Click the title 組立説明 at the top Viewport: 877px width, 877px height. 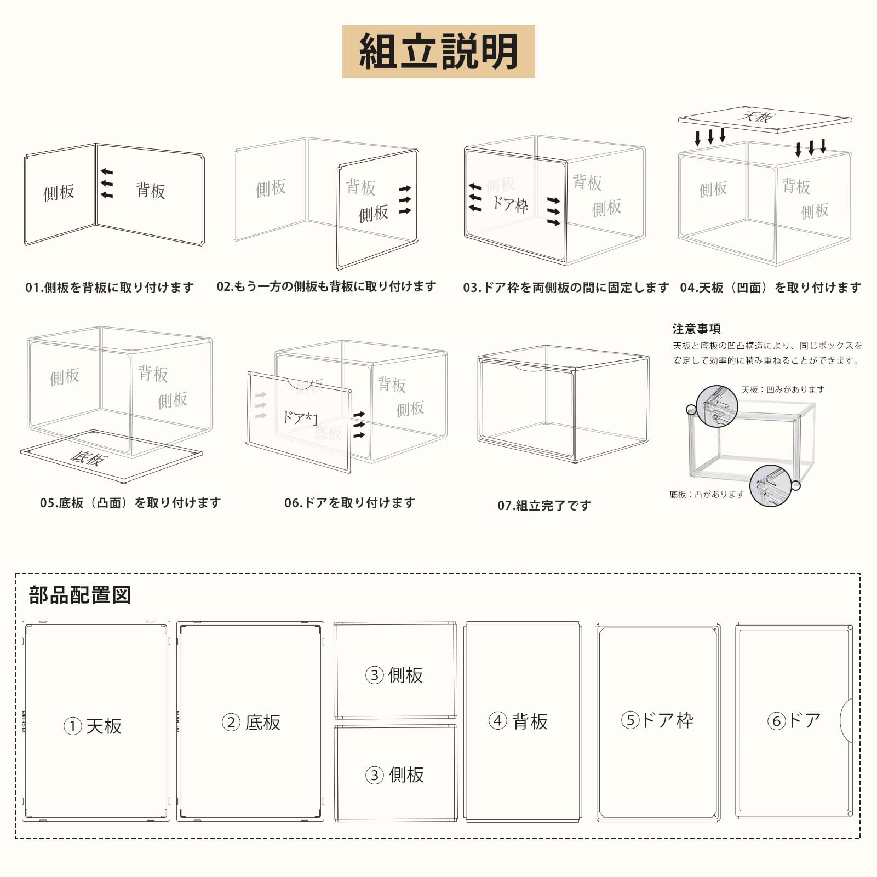point(438,51)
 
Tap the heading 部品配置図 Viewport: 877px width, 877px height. point(80,595)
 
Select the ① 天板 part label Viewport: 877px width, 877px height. point(93,726)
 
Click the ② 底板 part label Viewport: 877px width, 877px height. point(251,723)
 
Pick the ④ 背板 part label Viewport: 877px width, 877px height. point(518,721)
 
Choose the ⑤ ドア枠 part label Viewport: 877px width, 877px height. point(657,720)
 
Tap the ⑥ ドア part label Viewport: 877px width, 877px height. point(794,720)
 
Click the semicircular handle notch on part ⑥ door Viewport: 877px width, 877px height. point(847,720)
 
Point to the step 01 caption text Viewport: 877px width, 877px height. point(110,288)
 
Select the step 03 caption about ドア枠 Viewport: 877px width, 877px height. point(566,288)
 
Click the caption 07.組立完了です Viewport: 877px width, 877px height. point(544,505)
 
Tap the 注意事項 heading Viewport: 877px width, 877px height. point(696,329)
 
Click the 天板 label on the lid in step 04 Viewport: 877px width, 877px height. point(757,117)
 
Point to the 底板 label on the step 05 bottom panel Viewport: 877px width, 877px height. point(89,457)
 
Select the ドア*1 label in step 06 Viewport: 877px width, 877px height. point(300,419)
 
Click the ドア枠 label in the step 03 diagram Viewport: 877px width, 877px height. point(510,204)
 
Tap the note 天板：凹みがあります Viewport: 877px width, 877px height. point(782,389)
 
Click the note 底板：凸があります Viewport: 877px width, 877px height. point(707,494)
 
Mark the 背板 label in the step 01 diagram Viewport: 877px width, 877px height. point(151,191)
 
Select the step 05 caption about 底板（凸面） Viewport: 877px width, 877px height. point(130,503)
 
